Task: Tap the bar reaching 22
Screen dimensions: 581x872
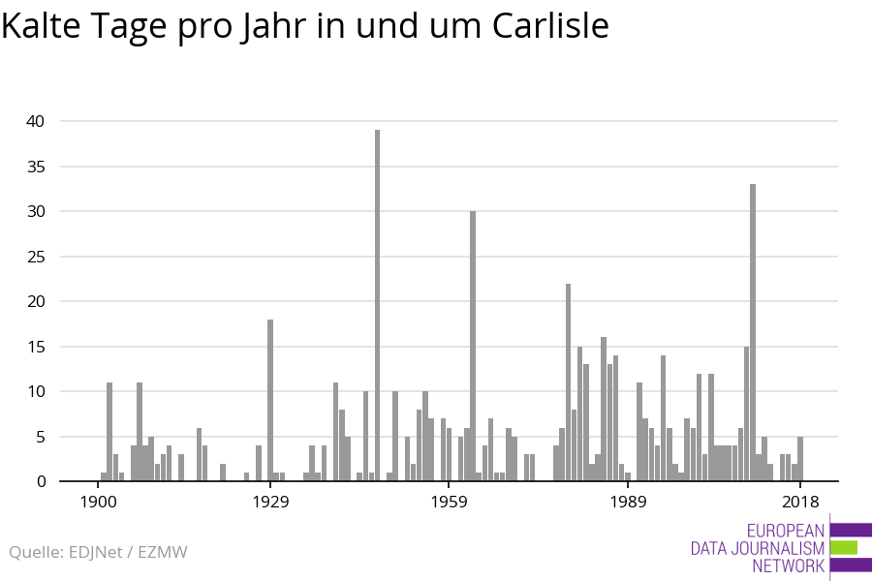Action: pyautogui.click(x=569, y=382)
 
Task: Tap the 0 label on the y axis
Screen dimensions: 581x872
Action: pyautogui.click(x=42, y=481)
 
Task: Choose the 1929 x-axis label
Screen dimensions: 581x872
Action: pyautogui.click(x=270, y=502)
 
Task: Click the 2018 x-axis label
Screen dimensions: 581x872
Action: pyautogui.click(x=800, y=502)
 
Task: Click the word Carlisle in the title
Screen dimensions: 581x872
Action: pyautogui.click(x=550, y=26)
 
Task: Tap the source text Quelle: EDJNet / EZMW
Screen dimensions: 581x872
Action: pyautogui.click(x=98, y=552)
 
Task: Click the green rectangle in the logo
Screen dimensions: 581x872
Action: pyautogui.click(x=844, y=547)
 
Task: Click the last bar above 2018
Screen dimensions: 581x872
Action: pyautogui.click(x=800, y=459)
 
